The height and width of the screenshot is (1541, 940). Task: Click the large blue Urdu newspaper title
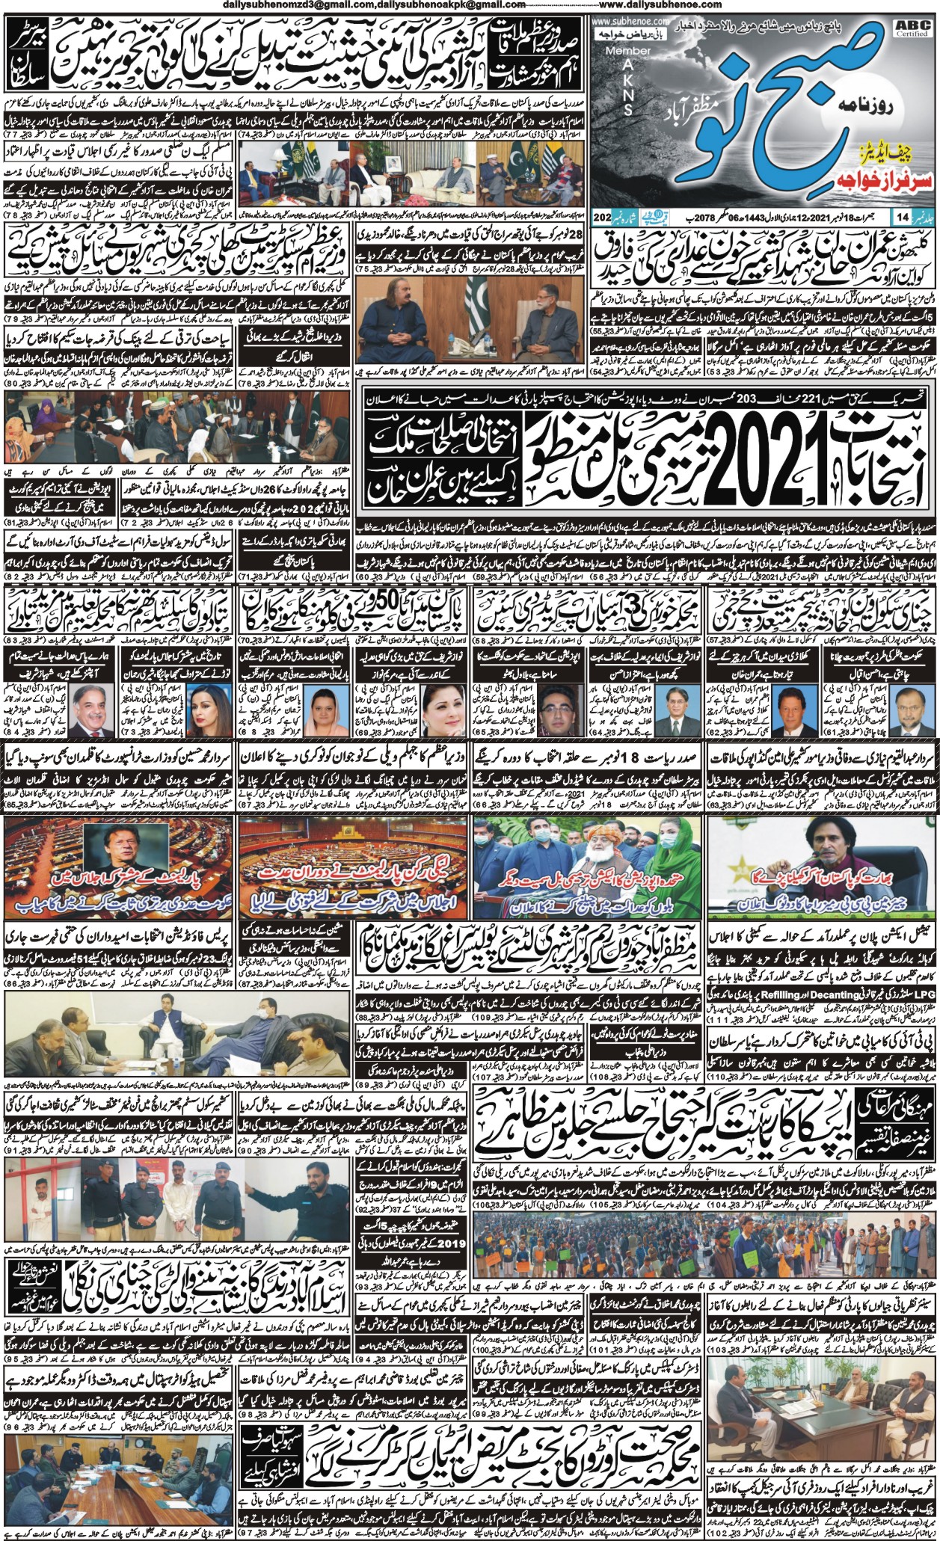pos(763,120)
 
